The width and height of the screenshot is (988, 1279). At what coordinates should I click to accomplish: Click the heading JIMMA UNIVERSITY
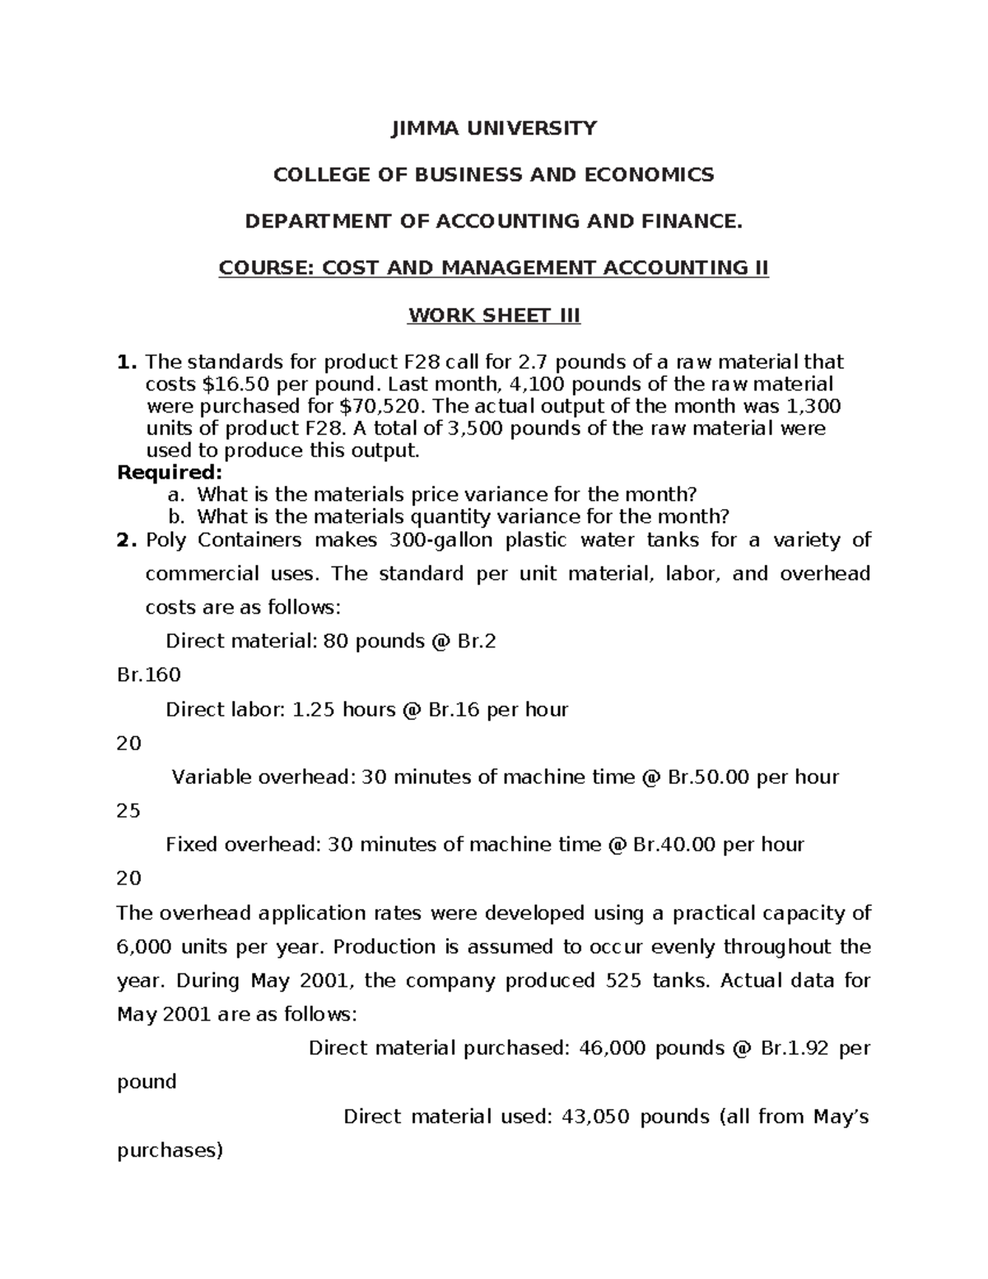493,128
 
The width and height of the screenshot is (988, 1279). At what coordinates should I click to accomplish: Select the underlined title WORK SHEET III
494,315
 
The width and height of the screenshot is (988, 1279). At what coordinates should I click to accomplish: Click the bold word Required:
170,473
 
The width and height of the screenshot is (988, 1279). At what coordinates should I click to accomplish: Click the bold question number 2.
126,540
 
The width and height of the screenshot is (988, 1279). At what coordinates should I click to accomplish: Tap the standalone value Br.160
148,675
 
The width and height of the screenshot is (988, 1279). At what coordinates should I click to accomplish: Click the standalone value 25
129,810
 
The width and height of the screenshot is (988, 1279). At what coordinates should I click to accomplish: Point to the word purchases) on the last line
170,1151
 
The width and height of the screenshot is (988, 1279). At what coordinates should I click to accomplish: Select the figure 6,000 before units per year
144,947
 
